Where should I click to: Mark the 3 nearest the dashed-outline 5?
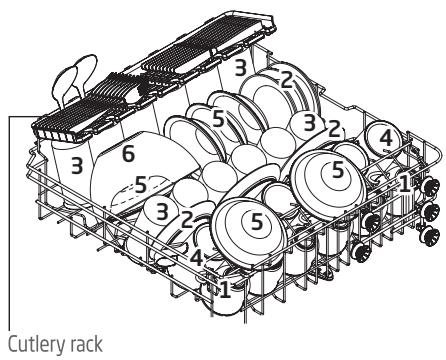point(162,209)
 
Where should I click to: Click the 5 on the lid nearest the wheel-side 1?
point(337,171)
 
